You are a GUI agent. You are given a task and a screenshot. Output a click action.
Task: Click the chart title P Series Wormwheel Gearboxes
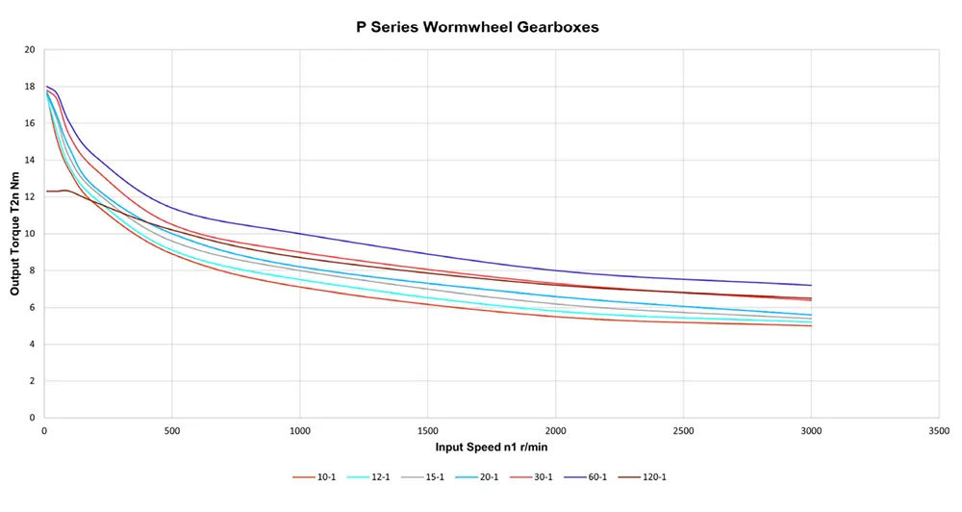[x=477, y=27]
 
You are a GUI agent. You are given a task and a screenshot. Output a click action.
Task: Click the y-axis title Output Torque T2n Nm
[x=16, y=233]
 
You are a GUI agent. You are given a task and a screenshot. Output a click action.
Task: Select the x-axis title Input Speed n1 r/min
[x=492, y=447]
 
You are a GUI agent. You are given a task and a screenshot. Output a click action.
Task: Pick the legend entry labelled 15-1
[x=430, y=476]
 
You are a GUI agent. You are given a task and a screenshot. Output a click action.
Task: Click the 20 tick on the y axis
[x=29, y=50]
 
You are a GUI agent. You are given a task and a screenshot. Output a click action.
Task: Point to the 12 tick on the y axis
[x=29, y=197]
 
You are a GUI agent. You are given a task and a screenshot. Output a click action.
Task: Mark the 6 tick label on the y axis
[x=32, y=308]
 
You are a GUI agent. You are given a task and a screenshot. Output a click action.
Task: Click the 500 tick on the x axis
[x=171, y=430]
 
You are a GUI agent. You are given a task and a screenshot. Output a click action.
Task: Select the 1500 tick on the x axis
[x=427, y=430]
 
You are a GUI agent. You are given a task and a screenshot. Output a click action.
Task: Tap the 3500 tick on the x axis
[x=939, y=430]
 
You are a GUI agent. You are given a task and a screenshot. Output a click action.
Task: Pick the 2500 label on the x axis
[x=683, y=430]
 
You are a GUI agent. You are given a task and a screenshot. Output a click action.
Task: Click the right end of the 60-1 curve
[x=811, y=285]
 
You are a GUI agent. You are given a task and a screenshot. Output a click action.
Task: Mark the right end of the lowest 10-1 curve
[x=811, y=325]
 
